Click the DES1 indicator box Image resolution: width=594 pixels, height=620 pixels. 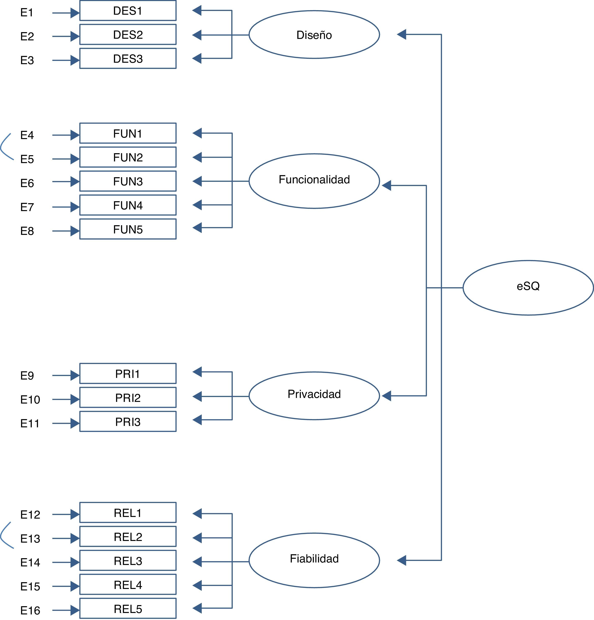[128, 11]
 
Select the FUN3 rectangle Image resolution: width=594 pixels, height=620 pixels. [128, 181]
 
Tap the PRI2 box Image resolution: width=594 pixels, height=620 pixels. [128, 398]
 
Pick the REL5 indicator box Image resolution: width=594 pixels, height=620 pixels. [128, 609]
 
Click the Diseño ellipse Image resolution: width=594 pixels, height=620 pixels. [314, 35]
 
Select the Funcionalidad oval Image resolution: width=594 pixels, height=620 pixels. [314, 181]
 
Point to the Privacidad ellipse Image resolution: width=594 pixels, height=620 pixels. [314, 396]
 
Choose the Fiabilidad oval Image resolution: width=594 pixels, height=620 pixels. [314, 560]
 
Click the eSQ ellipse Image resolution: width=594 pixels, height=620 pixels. [528, 287]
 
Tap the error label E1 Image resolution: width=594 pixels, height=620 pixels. [27, 13]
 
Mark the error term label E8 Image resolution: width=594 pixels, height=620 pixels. [27, 231]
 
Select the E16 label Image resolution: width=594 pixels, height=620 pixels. [30, 610]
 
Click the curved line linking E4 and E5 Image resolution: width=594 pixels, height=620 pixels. [4, 147]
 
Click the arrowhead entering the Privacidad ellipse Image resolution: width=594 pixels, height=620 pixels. [386, 396]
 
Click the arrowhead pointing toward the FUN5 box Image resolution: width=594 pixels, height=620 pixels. [197, 227]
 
